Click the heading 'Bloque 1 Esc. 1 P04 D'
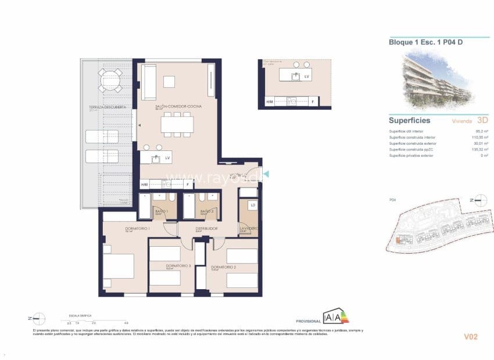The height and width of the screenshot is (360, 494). (425, 41)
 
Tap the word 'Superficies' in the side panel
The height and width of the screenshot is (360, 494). (410, 121)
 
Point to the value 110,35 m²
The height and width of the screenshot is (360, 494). (478, 138)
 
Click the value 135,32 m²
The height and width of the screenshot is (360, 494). (478, 149)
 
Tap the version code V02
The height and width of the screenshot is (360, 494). (470, 336)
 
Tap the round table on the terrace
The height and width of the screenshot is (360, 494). (110, 80)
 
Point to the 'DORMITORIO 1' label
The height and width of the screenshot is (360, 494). (137, 229)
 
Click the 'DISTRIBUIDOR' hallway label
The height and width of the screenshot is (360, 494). (206, 229)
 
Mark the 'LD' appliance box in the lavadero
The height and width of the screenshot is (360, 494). (253, 206)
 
